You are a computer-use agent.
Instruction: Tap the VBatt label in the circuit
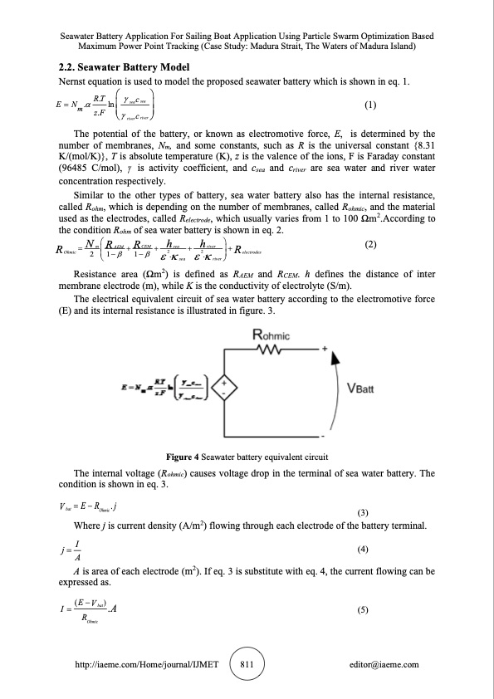pos(359,387)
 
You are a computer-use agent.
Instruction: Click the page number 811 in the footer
pos(247,664)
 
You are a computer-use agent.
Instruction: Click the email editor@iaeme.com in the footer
pos(384,665)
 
